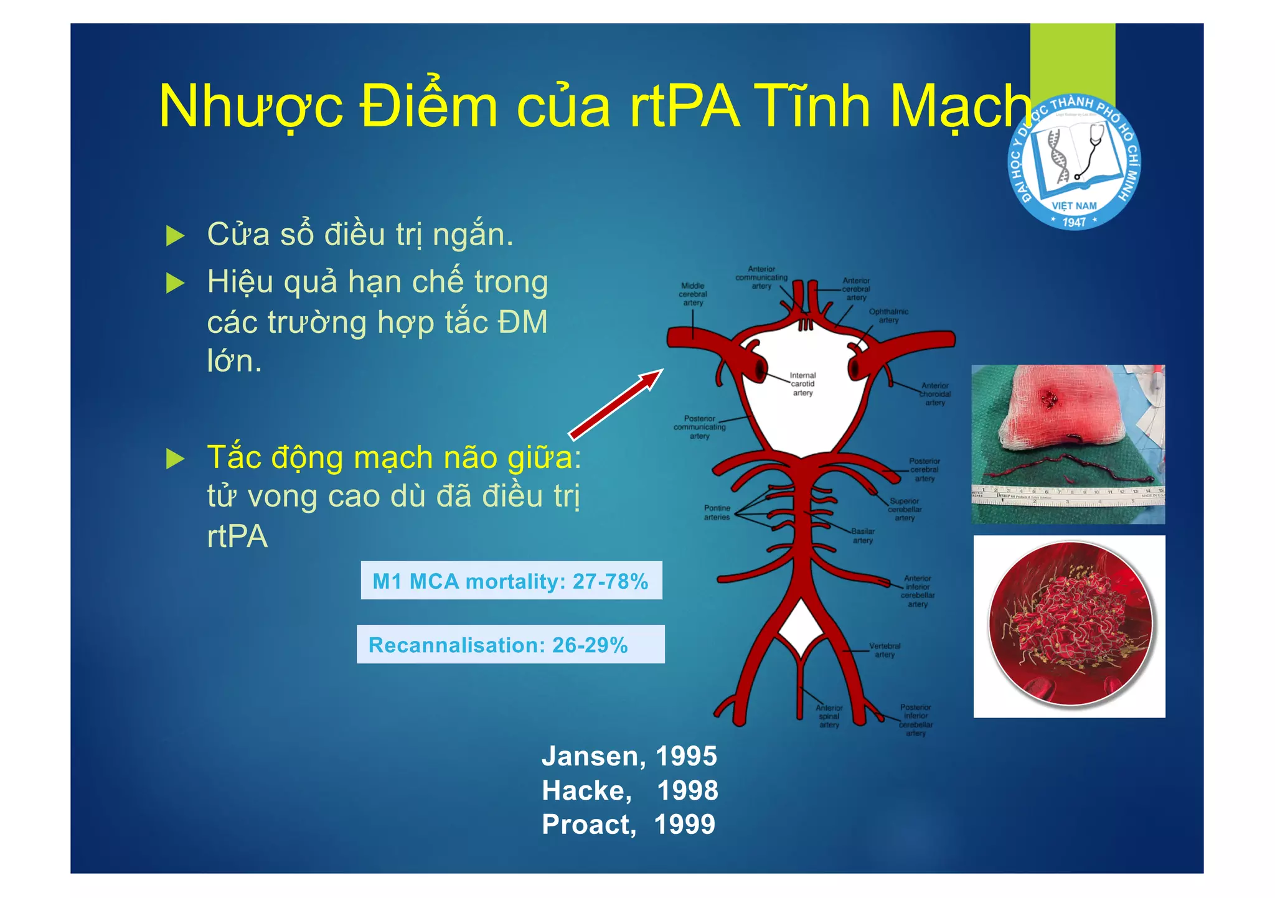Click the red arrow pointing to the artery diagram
point(616,405)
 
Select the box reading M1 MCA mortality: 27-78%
point(511,581)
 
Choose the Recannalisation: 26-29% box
point(510,645)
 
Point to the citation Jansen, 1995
point(629,756)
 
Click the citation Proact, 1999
point(629,825)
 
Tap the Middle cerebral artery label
point(693,294)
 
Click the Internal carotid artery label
point(802,384)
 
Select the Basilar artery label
point(863,536)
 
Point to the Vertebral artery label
point(885,650)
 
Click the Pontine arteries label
point(717,513)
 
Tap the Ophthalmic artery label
point(888,316)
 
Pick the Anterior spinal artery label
point(829,716)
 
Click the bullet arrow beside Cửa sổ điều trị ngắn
point(176,236)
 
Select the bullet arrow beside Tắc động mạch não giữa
point(176,459)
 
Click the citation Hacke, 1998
point(629,790)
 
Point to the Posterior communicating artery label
point(700,428)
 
